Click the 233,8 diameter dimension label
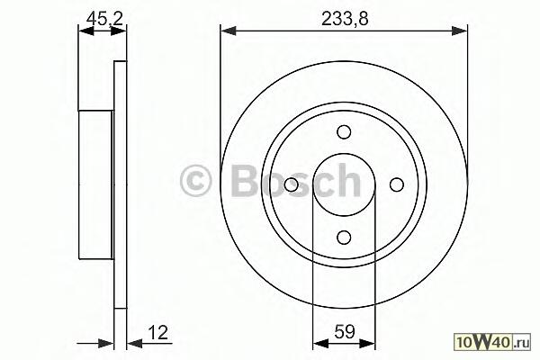coord(345,19)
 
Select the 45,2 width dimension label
coord(104,18)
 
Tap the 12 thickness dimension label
coord(158,332)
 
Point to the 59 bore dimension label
coord(345,332)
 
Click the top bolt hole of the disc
coord(344,132)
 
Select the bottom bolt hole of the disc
coord(344,238)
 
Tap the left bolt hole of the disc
coord(292,184)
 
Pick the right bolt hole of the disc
coord(396,184)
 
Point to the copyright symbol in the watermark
coord(195,181)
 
